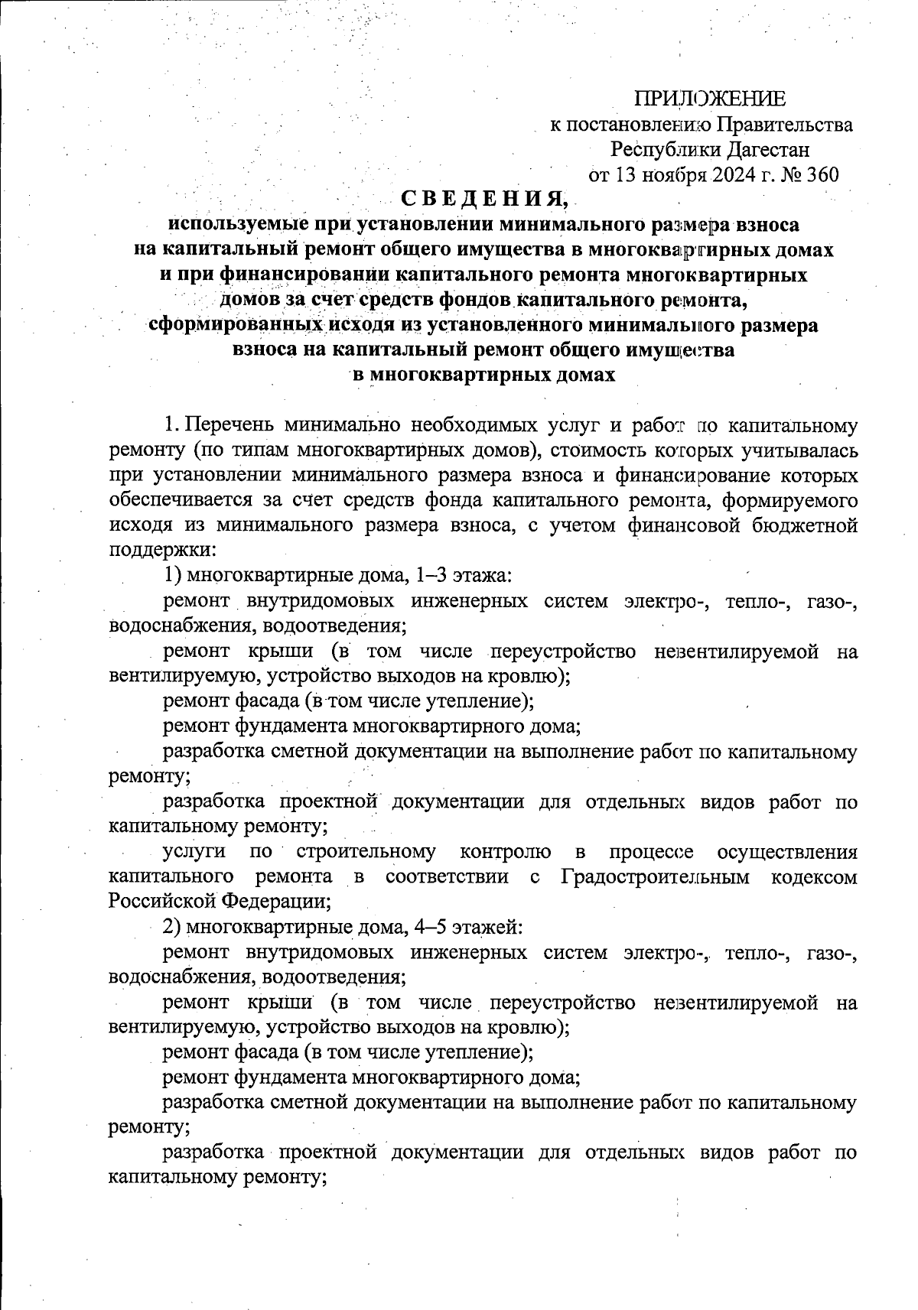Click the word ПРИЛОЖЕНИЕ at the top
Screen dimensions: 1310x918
pos(709,99)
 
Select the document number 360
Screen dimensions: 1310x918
pos(823,174)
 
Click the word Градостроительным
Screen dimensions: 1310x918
pos(666,876)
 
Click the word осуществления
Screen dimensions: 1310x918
pos(788,851)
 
